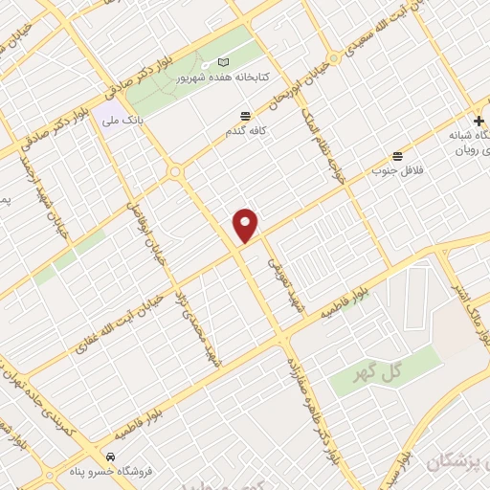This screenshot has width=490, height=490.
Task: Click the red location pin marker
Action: [246, 224]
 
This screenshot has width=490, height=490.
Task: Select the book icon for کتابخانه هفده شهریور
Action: [223, 63]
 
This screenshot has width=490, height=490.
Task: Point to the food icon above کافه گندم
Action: [246, 114]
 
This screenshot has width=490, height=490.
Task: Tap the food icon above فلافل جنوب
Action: [397, 156]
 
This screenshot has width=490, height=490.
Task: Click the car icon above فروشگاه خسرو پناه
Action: [111, 457]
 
